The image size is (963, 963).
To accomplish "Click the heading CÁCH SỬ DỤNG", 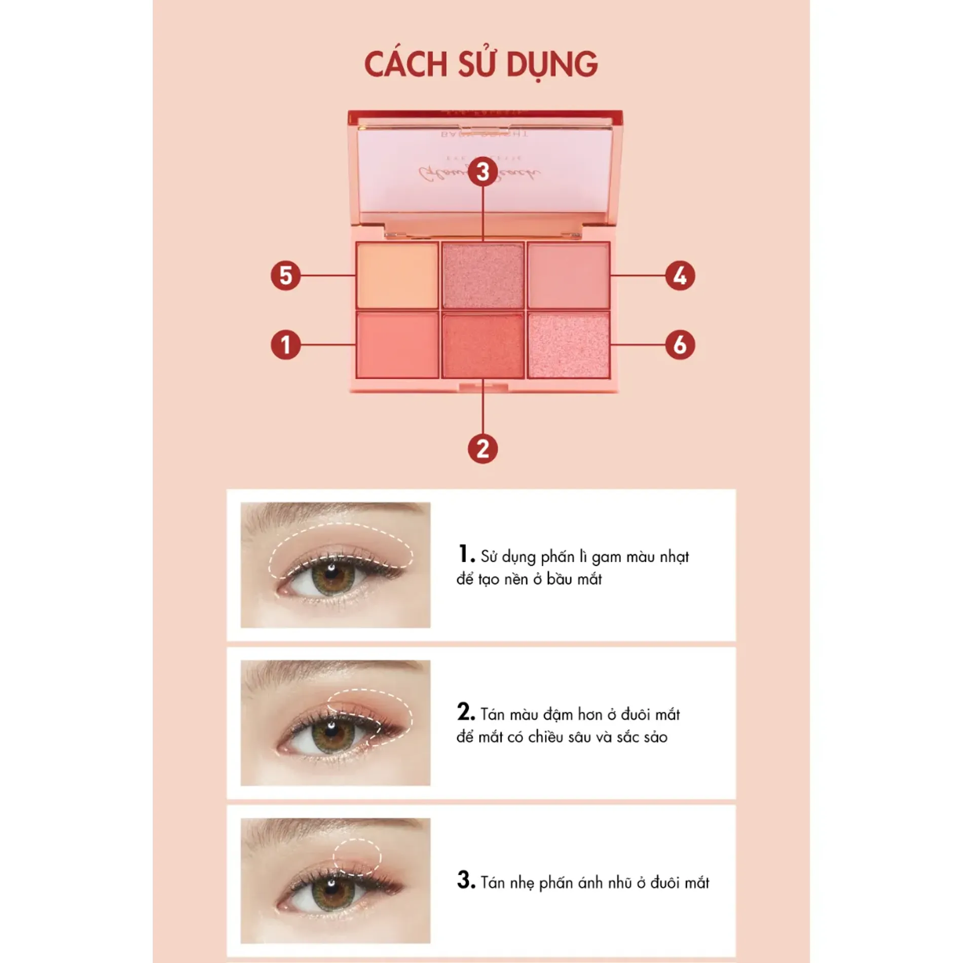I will pyautogui.click(x=481, y=64).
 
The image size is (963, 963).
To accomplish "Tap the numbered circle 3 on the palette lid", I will pyautogui.click(x=483, y=171).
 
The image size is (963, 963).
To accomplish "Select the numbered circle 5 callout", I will pyautogui.click(x=285, y=275).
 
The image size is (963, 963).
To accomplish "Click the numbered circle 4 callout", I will pyautogui.click(x=680, y=275).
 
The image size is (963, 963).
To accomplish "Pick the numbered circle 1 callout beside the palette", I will pyautogui.click(x=285, y=345).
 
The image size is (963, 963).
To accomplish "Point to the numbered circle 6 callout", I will pyautogui.click(x=680, y=345).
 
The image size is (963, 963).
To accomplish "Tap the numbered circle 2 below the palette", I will pyautogui.click(x=483, y=449).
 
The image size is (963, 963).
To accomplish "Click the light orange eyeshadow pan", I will pyautogui.click(x=397, y=275).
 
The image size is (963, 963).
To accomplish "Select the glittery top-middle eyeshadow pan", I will pyautogui.click(x=483, y=275).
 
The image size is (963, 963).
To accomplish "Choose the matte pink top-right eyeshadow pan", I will pyautogui.click(x=568, y=275).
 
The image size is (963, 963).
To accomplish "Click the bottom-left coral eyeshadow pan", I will pyautogui.click(x=397, y=345).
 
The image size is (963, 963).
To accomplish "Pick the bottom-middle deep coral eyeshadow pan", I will pyautogui.click(x=483, y=345).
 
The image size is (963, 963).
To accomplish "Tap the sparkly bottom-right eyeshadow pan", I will pyautogui.click(x=568, y=345).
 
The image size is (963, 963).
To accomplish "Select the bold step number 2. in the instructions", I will pyautogui.click(x=465, y=712).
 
